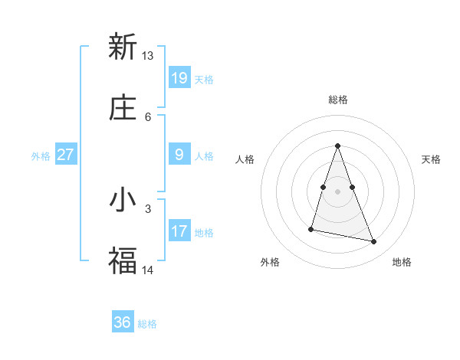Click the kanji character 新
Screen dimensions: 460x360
123,47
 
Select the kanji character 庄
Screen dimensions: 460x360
123,108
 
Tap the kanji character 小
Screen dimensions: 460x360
123,200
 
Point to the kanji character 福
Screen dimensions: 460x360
123,261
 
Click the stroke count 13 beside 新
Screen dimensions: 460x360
148,56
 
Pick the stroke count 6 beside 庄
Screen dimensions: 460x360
148,116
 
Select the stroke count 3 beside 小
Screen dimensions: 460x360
148,208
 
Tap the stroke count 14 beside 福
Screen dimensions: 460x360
148,270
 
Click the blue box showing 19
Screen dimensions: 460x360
179,77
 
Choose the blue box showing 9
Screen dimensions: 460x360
179,155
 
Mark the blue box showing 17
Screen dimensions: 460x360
179,231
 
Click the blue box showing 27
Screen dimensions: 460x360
66,155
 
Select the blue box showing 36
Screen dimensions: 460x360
123,322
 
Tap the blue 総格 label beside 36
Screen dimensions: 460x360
148,324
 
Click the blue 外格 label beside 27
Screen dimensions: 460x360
41,156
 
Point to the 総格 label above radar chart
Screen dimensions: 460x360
337,100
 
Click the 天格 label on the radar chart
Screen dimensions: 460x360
431,159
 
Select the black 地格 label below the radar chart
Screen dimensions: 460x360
402,262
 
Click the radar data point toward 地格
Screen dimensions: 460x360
374,242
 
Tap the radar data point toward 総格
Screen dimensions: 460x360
337,146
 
